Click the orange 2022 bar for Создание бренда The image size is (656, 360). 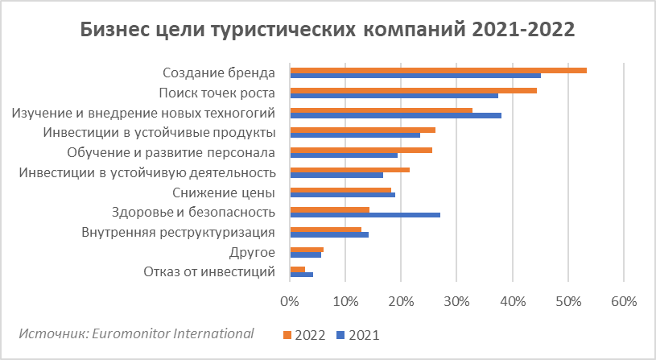click(438, 70)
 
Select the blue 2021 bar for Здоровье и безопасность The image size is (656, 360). click(365, 215)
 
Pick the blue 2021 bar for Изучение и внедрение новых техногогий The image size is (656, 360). click(395, 115)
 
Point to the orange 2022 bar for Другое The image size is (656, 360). click(307, 250)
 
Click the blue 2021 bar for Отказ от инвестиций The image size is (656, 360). click(301, 275)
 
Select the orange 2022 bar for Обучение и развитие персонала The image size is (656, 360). click(361, 150)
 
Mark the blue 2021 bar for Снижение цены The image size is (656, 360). click(342, 195)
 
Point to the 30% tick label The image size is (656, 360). click(456, 302)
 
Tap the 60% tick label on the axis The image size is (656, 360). click(624, 302)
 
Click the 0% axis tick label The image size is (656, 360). click(290, 302)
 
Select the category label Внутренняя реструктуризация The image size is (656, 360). click(179, 233)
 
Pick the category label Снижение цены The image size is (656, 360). click(225, 192)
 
